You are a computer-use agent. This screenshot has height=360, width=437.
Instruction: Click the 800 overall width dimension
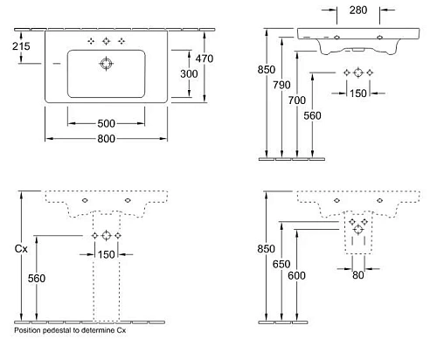coord(108,138)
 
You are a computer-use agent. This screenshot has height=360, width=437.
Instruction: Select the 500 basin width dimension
coord(108,122)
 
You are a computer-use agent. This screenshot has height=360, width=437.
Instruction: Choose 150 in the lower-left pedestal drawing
coord(107,254)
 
